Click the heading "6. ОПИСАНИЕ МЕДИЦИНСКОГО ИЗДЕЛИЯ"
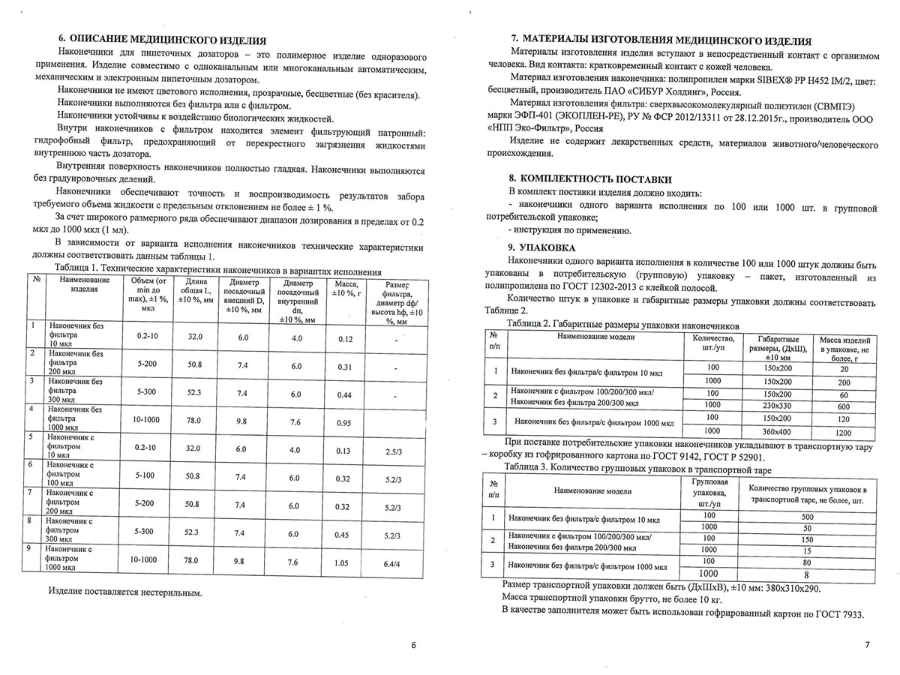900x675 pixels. (163, 40)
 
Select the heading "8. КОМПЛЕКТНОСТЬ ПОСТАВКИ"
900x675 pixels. (590, 179)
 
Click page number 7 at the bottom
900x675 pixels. (866, 645)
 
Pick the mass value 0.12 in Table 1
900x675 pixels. (345, 339)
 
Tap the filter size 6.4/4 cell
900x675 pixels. (391, 561)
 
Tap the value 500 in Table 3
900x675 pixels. (807, 517)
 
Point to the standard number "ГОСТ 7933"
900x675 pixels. (837, 614)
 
